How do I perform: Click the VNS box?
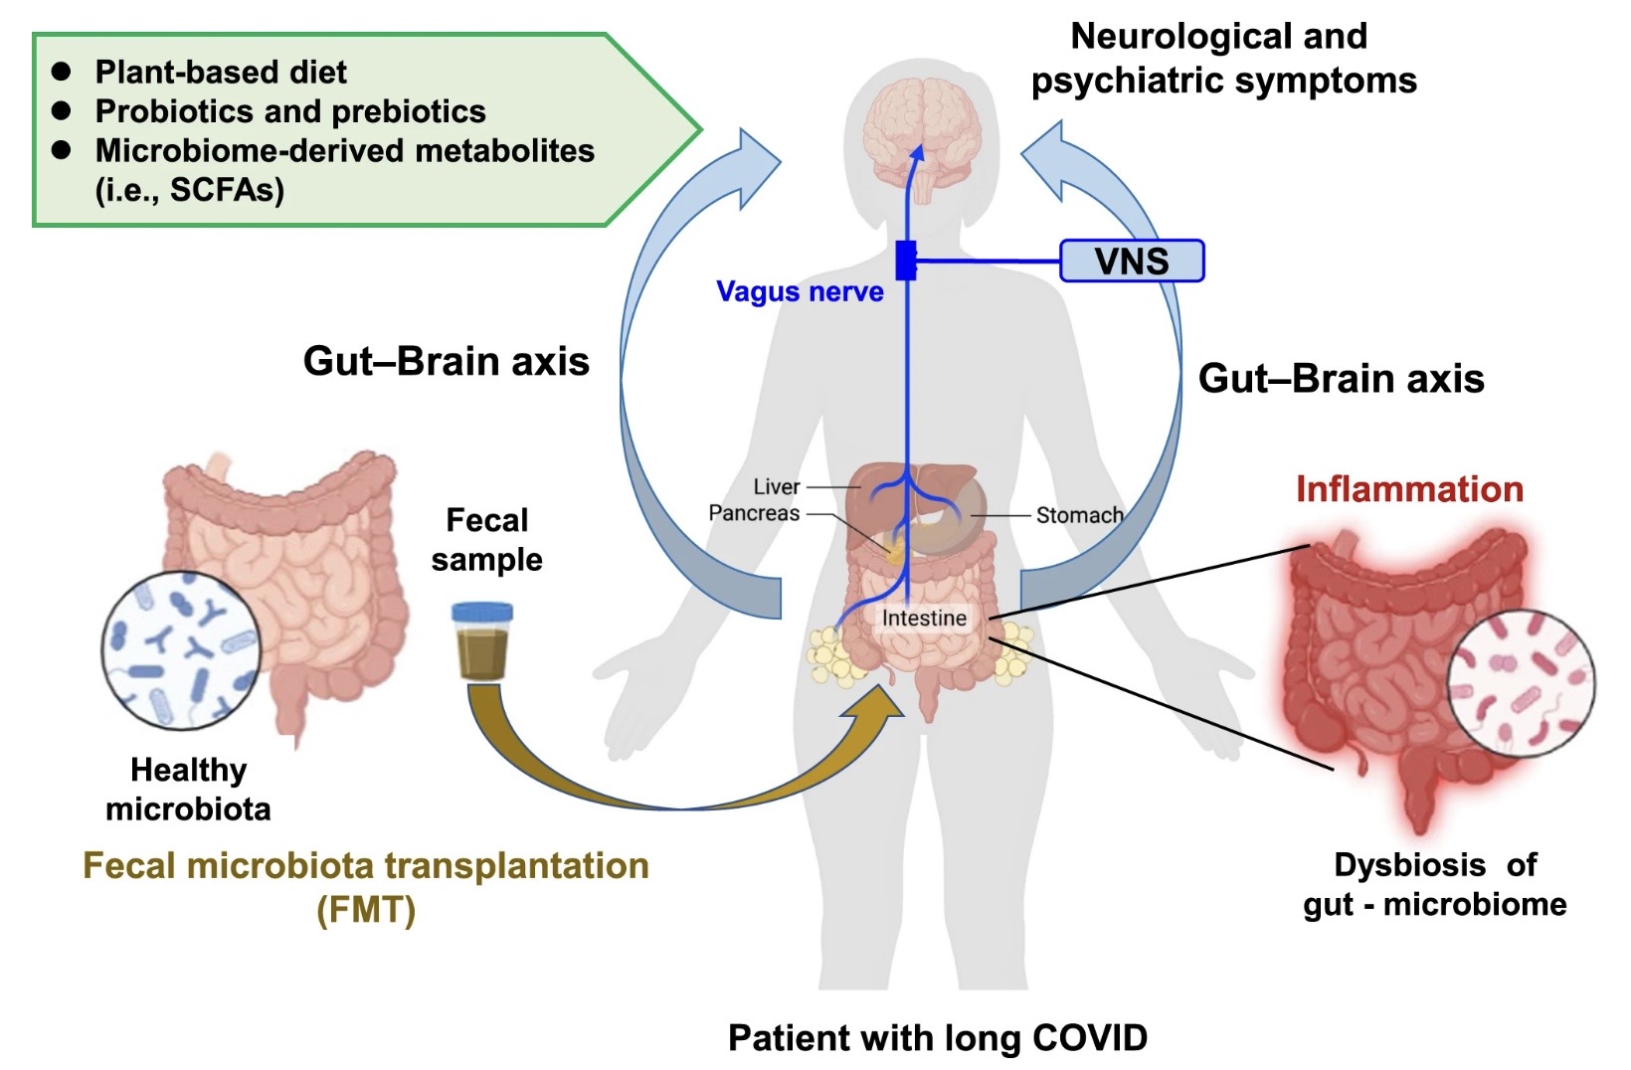1132,261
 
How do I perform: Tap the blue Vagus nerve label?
800,291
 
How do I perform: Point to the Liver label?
776,487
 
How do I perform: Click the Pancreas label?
754,513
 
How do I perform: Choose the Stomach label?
1079,515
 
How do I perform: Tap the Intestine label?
924,618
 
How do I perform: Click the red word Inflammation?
1409,489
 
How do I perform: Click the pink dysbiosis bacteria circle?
1520,685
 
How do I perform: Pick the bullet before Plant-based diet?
62,72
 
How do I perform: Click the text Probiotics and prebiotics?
290,111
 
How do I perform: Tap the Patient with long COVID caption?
937,1037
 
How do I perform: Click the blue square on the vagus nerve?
906,261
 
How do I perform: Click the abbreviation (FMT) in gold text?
366,909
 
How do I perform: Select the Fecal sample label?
487,539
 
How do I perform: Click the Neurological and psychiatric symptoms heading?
1222,58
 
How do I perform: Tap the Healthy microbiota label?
188,789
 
